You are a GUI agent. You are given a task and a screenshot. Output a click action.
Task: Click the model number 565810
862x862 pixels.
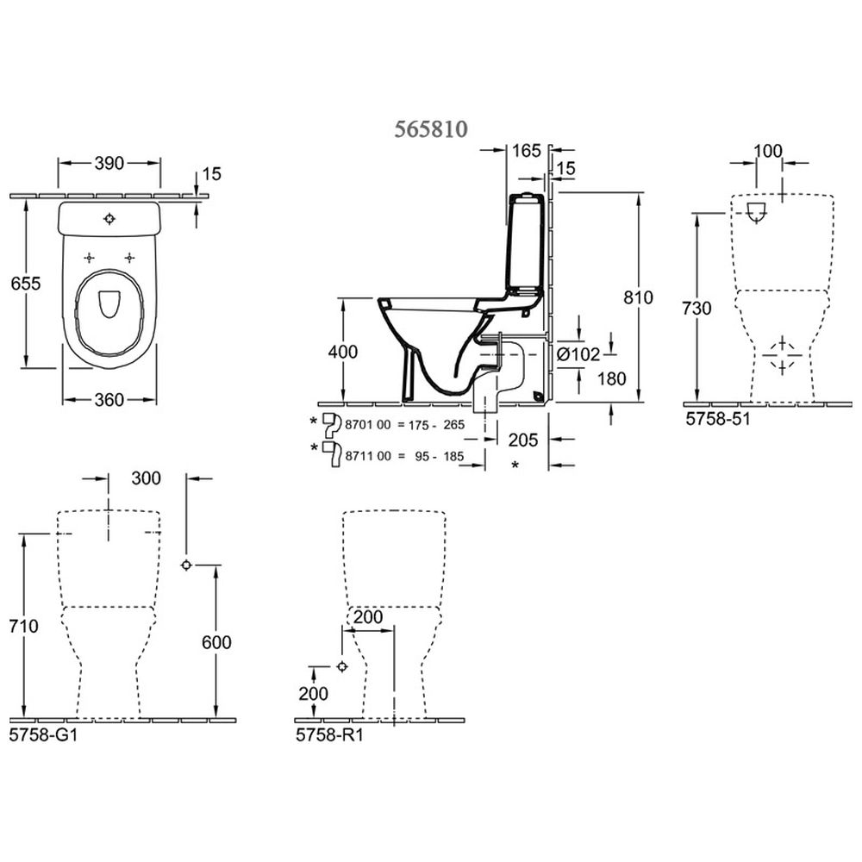431,128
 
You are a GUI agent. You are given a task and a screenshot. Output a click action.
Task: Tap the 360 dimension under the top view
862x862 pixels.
109,399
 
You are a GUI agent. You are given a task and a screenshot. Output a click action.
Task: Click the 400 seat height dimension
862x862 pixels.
343,352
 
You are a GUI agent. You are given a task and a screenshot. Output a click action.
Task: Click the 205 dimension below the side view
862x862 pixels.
522,440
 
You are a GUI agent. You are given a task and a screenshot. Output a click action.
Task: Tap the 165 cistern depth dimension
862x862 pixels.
526,151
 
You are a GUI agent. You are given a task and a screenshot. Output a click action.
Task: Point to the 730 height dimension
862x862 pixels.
696,308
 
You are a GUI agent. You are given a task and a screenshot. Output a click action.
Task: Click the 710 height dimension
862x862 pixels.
24,627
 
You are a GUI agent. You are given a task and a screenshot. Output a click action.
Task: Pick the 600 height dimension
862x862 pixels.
215,642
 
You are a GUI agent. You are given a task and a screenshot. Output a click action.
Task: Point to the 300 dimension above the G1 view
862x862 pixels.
147,478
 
